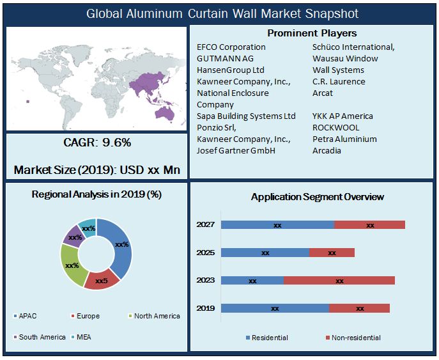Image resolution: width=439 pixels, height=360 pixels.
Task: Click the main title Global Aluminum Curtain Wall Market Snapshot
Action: click(x=222, y=13)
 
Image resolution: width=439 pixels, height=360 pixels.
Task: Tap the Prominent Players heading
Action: click(x=312, y=33)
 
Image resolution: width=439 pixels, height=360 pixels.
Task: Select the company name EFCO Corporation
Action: click(x=231, y=47)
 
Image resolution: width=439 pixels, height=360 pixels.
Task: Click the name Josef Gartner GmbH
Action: click(x=236, y=151)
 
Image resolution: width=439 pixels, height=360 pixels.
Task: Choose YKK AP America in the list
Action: click(x=343, y=116)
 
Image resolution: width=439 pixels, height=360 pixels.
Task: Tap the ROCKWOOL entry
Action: click(x=336, y=128)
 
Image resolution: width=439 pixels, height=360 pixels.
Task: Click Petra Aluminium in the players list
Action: click(x=344, y=139)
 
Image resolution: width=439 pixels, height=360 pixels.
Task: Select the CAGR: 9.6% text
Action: click(x=97, y=143)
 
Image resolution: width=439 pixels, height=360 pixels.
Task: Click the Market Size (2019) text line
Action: click(x=97, y=170)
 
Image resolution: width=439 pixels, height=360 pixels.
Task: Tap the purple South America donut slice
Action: click(x=72, y=236)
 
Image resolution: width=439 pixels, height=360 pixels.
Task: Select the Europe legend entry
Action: click(x=88, y=316)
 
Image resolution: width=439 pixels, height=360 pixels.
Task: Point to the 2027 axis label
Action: click(x=205, y=225)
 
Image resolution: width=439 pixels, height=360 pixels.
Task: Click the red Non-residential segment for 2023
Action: click(x=339, y=280)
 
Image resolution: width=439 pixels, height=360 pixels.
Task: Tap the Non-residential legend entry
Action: click(x=356, y=338)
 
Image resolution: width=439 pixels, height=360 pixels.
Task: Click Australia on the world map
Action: click(x=164, y=113)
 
